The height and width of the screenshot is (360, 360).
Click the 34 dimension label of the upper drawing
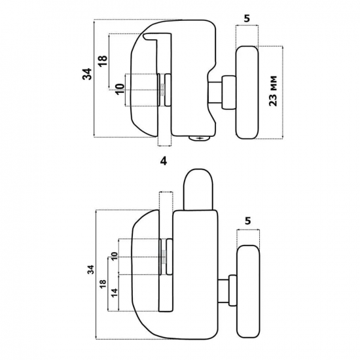[87, 74]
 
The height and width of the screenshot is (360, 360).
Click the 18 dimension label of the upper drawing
[103, 61]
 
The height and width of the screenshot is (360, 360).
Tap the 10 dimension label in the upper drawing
[120, 90]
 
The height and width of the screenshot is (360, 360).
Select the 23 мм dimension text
[273, 91]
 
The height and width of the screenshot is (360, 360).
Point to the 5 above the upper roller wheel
[247, 18]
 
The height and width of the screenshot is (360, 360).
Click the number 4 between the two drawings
[164, 162]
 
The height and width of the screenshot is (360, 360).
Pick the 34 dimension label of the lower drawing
[92, 270]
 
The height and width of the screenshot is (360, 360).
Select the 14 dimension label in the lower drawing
[115, 293]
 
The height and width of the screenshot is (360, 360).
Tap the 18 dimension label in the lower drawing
[103, 284]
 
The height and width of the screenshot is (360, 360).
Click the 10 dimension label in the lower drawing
[115, 256]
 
